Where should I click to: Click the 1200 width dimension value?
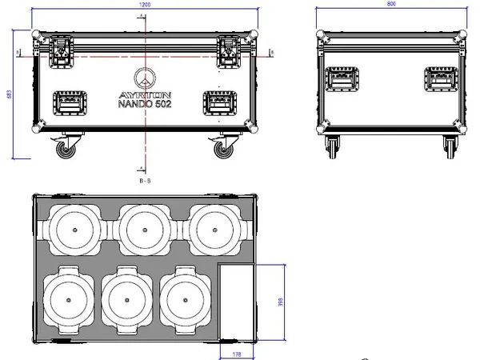(x=143, y=5)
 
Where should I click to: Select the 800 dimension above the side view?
(x=390, y=5)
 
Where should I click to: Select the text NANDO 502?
(x=144, y=104)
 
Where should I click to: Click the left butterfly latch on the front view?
(x=61, y=52)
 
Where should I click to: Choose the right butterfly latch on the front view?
(x=227, y=52)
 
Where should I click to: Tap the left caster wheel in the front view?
(x=62, y=148)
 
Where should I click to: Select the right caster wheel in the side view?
(x=450, y=146)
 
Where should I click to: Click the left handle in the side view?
(x=342, y=79)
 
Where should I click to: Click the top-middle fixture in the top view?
(x=145, y=228)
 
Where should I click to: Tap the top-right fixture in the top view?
(x=214, y=228)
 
